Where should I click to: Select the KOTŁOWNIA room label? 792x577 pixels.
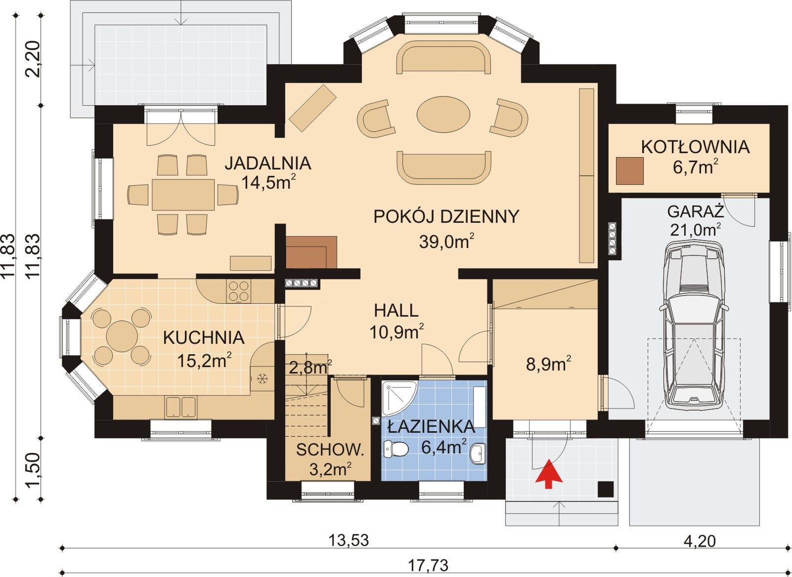click(696, 147)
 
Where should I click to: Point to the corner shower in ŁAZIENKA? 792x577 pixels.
click(398, 397)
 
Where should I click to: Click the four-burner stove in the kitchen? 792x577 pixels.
click(238, 291)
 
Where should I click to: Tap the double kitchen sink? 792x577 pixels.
click(180, 407)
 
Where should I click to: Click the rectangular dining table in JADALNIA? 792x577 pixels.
click(183, 195)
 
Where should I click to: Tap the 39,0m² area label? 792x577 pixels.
click(446, 241)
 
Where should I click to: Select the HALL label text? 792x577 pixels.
click(396, 310)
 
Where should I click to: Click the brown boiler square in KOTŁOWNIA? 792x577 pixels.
click(630, 171)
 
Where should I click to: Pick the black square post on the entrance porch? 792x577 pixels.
click(606, 489)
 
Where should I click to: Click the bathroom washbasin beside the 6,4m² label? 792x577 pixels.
click(478, 453)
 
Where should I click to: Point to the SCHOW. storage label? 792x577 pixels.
click(330, 450)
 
